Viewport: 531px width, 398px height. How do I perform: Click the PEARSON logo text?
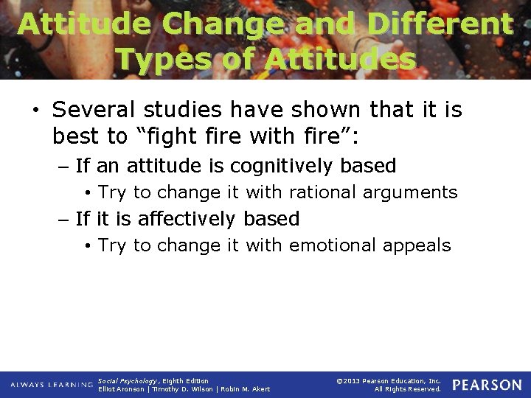[x=487, y=385]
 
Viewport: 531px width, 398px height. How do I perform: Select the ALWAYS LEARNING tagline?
[x=52, y=385]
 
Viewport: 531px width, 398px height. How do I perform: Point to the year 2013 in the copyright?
[x=350, y=381]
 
